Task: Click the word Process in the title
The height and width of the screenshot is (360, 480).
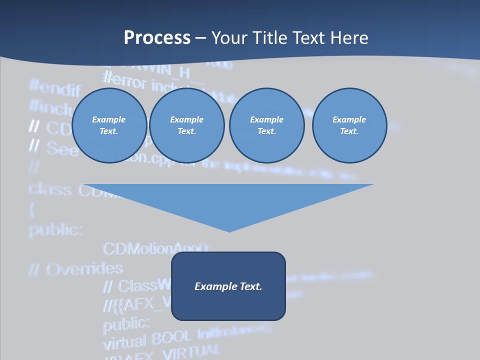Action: [157, 38]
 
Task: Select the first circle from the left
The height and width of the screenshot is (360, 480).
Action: [109, 125]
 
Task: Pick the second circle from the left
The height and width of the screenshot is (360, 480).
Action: [186, 125]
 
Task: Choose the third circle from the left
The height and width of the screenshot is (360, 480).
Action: [266, 125]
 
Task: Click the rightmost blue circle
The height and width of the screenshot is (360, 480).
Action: [349, 125]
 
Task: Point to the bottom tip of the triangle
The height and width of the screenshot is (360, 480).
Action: [229, 231]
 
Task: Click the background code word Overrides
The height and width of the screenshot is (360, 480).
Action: [84, 269]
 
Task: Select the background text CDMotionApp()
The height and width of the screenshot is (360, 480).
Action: [155, 248]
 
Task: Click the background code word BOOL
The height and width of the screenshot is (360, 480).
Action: [171, 338]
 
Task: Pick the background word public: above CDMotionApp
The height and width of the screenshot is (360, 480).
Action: [55, 229]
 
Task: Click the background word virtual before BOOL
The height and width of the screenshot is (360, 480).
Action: [124, 343]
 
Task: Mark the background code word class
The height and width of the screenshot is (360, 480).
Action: [50, 189]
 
